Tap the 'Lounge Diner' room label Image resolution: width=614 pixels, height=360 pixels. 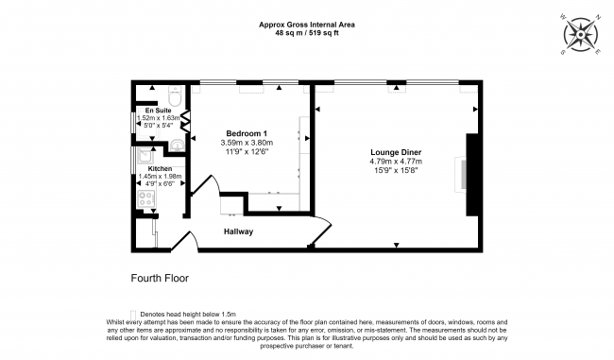395,151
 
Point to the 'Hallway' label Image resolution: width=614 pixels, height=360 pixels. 238,231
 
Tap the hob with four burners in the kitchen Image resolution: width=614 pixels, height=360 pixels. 146,198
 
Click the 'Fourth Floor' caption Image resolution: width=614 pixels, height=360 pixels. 160,280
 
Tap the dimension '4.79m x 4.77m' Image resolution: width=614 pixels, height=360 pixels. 396,161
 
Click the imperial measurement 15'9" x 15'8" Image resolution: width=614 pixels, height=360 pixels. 396,170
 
